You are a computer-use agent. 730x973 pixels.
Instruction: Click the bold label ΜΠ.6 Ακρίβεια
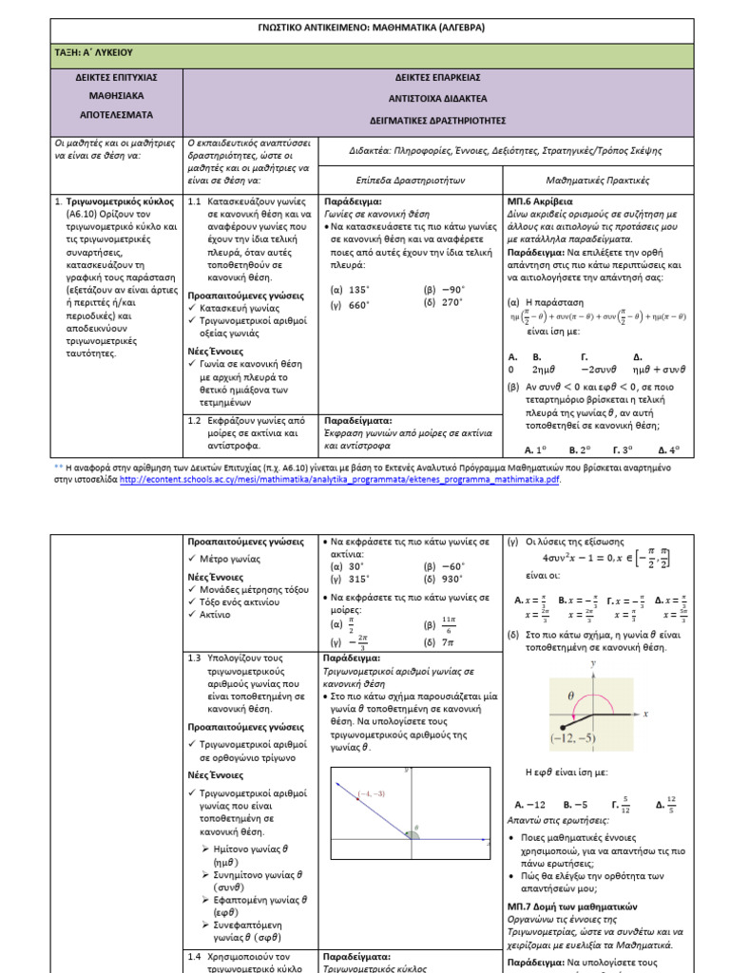[540, 202]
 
